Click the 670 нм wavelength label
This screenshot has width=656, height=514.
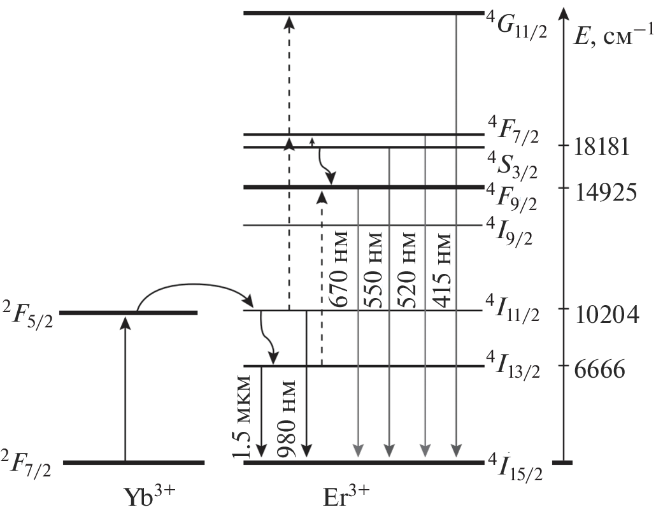coord(338,268)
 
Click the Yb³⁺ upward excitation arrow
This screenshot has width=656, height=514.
coord(125,389)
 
